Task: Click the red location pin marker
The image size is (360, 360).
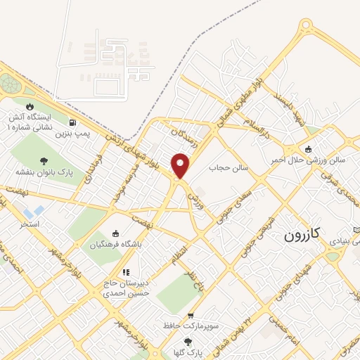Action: click(181, 166)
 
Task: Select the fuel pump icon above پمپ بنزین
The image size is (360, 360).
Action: click(75, 122)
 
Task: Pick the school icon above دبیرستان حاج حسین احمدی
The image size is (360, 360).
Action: click(126, 272)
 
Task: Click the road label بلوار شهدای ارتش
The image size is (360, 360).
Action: click(134, 146)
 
